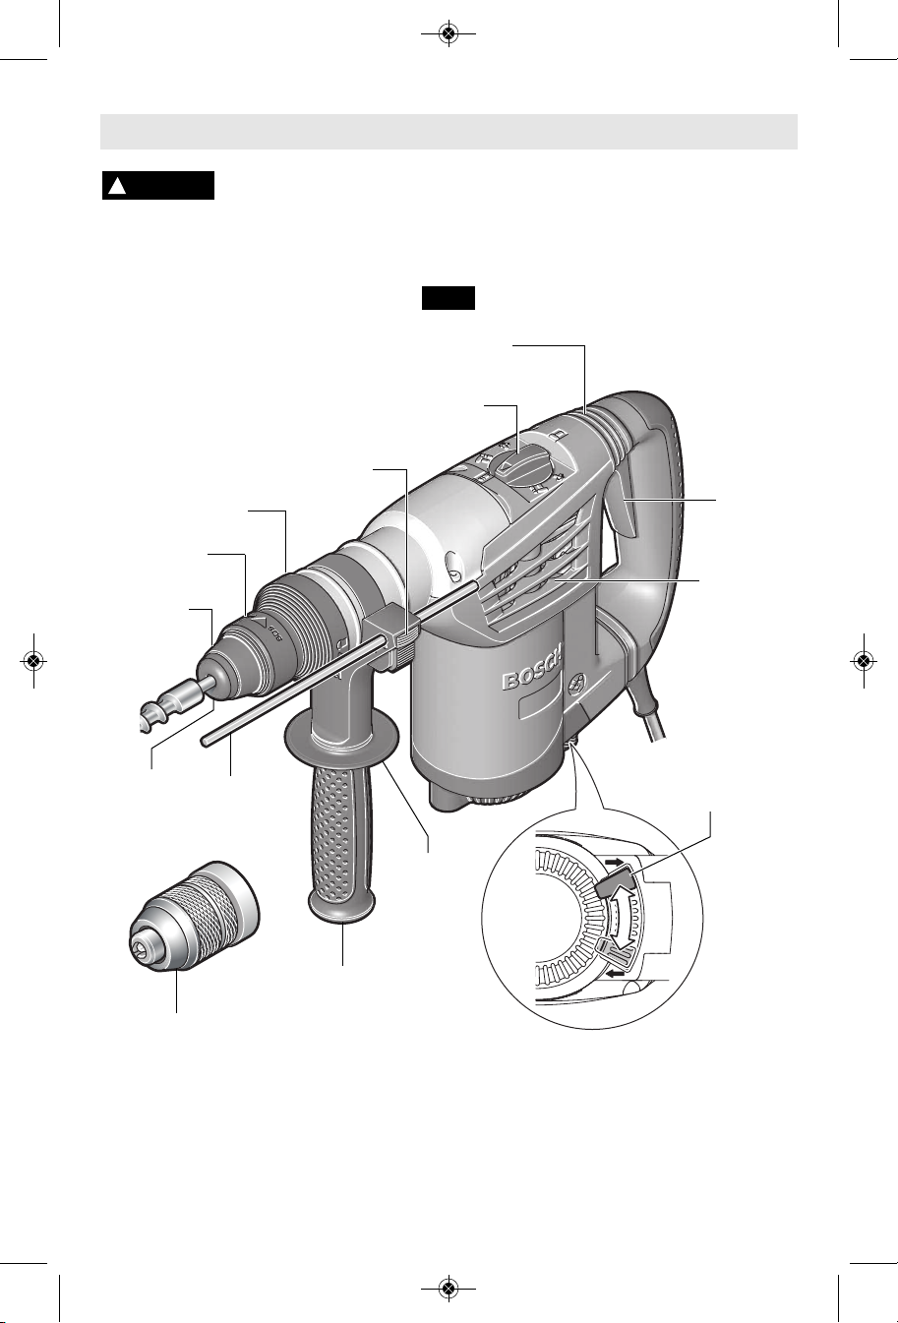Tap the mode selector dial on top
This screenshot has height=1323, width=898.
[x=522, y=462]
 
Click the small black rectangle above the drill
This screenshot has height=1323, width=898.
[x=449, y=298]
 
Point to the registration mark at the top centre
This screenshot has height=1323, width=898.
[x=449, y=34]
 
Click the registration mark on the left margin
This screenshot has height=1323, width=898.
[x=33, y=660]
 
